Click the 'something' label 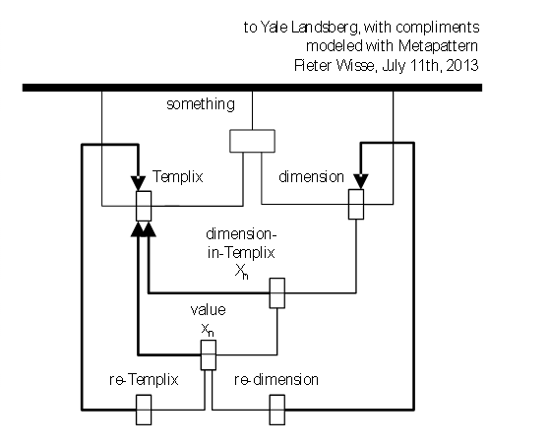(x=201, y=104)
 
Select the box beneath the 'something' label (x=252, y=141)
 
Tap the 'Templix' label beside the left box (x=177, y=176)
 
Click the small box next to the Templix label (x=144, y=206)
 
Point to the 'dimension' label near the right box (x=311, y=176)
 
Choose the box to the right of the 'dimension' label (x=356, y=204)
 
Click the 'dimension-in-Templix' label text (x=241, y=243)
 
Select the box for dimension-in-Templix (x=276, y=293)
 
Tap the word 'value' (x=208, y=310)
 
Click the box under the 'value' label (x=209, y=354)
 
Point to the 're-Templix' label (x=144, y=380)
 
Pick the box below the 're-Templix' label (x=144, y=410)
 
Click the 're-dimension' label (x=276, y=380)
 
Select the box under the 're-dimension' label (x=276, y=410)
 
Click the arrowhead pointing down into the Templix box (x=139, y=183)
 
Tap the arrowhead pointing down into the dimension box (x=361, y=181)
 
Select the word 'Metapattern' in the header (x=438, y=46)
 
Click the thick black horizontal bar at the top (x=252, y=88)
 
